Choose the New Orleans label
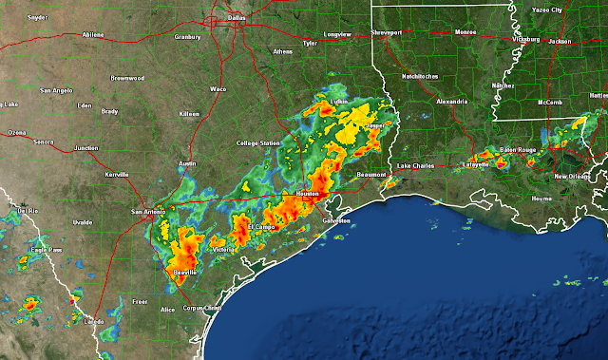573,177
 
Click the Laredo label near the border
93,322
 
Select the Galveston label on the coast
336,220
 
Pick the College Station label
258,143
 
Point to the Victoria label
224,249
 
